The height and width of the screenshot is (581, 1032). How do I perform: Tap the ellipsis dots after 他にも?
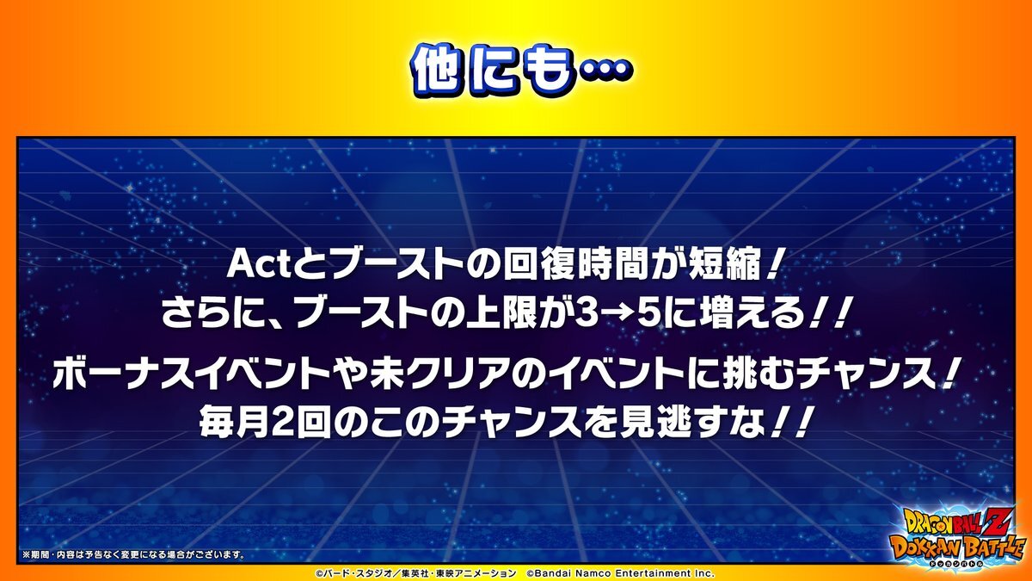[x=605, y=69]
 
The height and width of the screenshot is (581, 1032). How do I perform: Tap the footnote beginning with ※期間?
[x=133, y=554]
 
